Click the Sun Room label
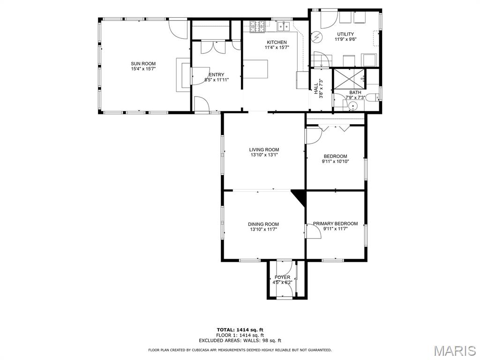[x=143, y=64]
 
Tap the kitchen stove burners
[x=257, y=27]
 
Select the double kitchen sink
[x=284, y=26]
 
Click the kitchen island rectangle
[x=255, y=69]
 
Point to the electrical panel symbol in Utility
[x=316, y=37]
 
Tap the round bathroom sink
[x=353, y=106]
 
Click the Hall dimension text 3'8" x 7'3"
[x=321, y=89]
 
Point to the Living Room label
[x=264, y=150]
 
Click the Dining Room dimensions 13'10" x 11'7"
[x=263, y=229]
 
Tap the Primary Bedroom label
[x=335, y=224]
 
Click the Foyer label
[x=282, y=277]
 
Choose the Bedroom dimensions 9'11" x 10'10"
[x=335, y=161]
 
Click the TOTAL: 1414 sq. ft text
[x=240, y=330]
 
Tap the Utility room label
[x=345, y=34]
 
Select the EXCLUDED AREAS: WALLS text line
[x=240, y=340]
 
